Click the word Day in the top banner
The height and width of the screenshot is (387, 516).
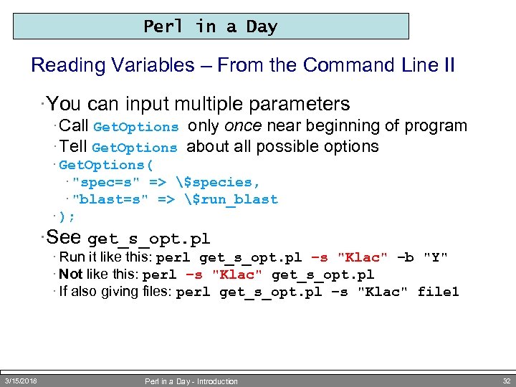(x=262, y=27)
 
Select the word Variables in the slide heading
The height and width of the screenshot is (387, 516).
(x=151, y=65)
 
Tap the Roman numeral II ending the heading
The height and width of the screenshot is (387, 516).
(x=448, y=65)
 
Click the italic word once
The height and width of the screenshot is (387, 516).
(x=244, y=126)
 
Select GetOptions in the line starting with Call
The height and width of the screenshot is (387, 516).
(x=135, y=127)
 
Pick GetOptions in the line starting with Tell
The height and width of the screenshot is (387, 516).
(x=135, y=148)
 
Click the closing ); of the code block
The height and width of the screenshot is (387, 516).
(x=67, y=216)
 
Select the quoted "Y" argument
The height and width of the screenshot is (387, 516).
(x=436, y=257)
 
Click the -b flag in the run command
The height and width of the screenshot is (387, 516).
(x=406, y=257)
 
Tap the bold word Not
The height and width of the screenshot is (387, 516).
(x=70, y=274)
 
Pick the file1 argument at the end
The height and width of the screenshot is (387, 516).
(x=438, y=292)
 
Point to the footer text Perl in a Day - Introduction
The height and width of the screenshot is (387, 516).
(x=191, y=381)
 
